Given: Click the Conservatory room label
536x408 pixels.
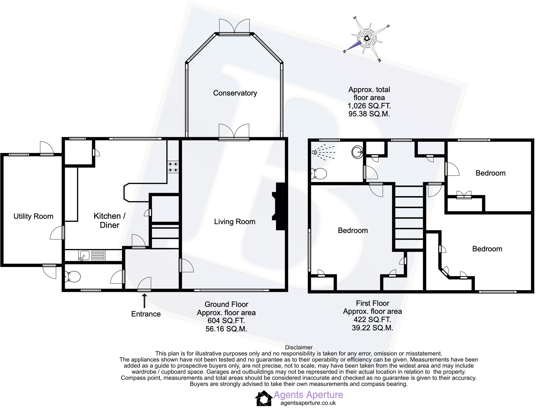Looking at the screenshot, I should (235, 93).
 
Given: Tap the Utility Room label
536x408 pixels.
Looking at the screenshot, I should (33, 216).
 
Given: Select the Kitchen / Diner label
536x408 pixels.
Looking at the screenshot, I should (109, 220).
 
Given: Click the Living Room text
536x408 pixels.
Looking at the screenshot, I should (235, 221).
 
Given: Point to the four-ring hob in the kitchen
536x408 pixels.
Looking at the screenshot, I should (173, 167).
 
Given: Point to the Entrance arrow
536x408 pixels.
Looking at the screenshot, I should (144, 301).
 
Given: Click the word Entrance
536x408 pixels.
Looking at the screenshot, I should (146, 314).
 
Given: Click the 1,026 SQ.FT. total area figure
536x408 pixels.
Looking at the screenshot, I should (369, 106).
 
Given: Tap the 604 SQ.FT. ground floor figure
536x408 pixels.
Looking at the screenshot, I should (226, 320).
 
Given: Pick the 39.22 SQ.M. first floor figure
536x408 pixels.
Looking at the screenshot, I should (372, 328).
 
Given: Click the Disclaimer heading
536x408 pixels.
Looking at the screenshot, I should (299, 347).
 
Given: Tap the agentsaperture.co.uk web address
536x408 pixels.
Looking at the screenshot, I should (308, 403).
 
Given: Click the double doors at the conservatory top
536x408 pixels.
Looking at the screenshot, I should (234, 27).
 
